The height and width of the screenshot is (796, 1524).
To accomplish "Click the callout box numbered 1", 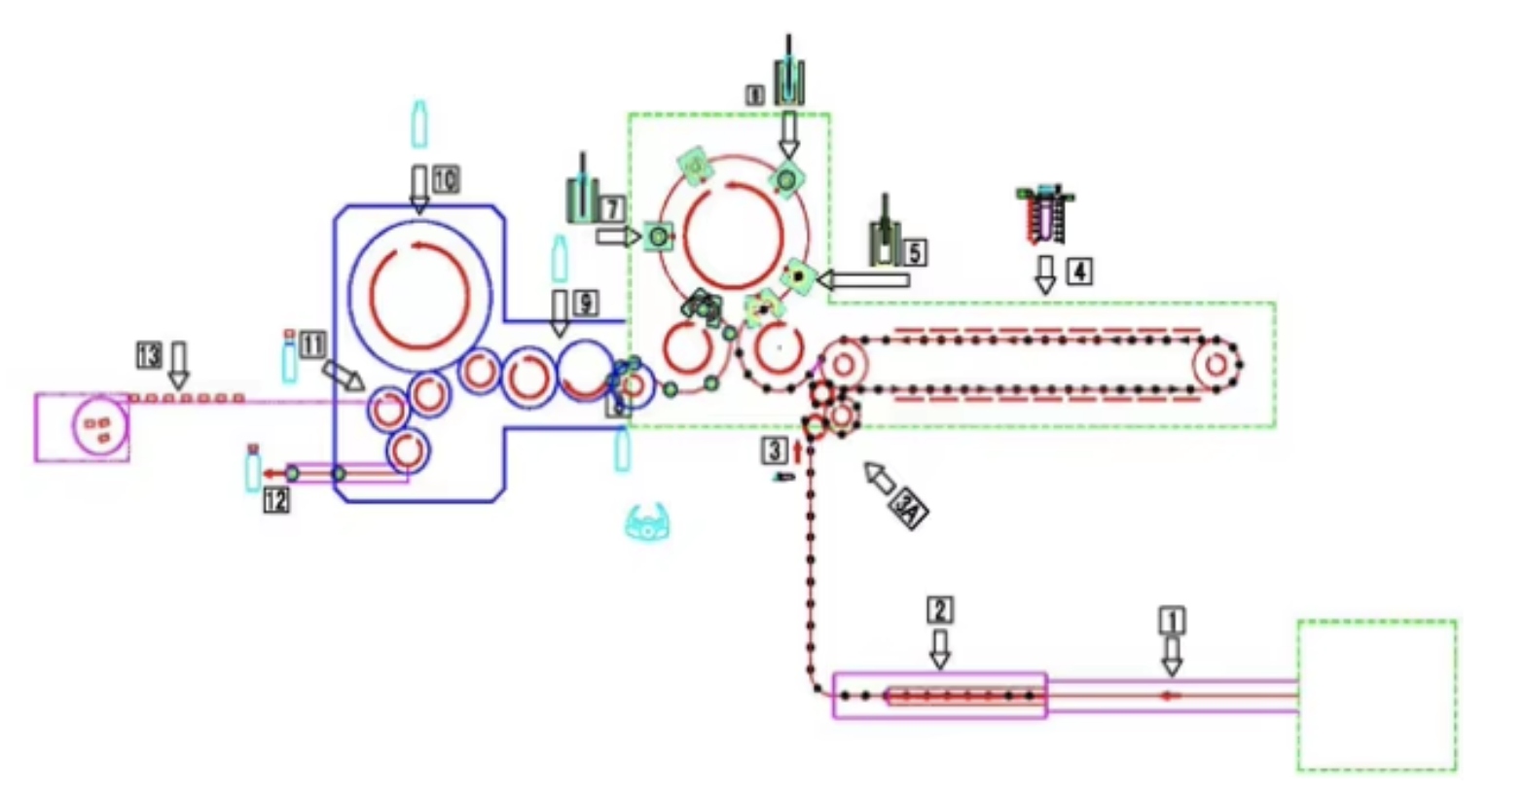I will pyautogui.click(x=1173, y=620).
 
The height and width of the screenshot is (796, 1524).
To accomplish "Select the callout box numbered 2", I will pyautogui.click(x=939, y=610).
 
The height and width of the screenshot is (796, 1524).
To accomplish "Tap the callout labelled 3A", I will pyautogui.click(x=910, y=509).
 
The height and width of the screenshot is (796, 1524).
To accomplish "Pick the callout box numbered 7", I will pyautogui.click(x=611, y=208).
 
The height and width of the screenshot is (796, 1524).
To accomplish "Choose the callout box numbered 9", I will pyautogui.click(x=585, y=303).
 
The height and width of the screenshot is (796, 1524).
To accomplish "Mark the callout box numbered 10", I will pyautogui.click(x=446, y=179).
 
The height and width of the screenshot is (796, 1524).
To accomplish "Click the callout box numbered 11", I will pyautogui.click(x=311, y=344).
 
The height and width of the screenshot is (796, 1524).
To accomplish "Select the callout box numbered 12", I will pyautogui.click(x=276, y=500).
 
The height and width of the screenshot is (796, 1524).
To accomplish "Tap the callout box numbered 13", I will pyautogui.click(x=149, y=355).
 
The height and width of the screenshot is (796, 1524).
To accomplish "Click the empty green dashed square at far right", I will pyautogui.click(x=1377, y=695).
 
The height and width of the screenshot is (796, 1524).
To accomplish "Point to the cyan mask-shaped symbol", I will pyautogui.click(x=649, y=522).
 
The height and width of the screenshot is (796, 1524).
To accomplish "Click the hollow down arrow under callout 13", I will pyautogui.click(x=178, y=366).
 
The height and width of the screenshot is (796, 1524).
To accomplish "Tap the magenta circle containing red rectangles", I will pyautogui.click(x=100, y=427).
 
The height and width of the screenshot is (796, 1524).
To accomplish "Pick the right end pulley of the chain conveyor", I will pyautogui.click(x=1216, y=365).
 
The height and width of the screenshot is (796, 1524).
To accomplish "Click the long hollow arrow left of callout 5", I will pyautogui.click(x=864, y=280).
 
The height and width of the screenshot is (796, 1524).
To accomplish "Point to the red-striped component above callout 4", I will pyautogui.click(x=1044, y=214).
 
